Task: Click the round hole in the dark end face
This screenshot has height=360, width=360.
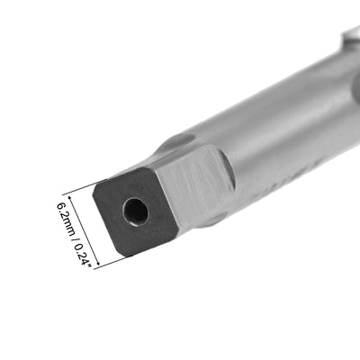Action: tap(136, 211)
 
